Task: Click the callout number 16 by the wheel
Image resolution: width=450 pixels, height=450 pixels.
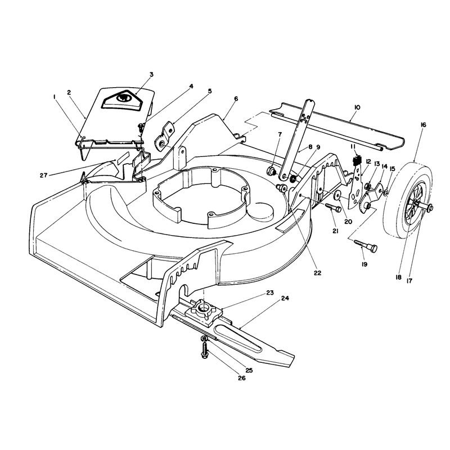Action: (x=424, y=125)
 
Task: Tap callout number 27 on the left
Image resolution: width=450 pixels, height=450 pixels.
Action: (x=43, y=175)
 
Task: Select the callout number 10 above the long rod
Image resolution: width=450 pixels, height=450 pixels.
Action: (x=357, y=107)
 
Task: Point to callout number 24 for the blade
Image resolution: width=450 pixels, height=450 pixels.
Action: (x=285, y=298)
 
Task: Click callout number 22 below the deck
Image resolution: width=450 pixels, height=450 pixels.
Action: (x=317, y=273)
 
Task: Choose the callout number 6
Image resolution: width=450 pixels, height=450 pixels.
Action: (x=236, y=99)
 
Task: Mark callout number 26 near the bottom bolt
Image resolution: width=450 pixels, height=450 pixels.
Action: (x=242, y=378)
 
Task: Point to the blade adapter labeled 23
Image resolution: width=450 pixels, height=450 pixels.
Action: (x=204, y=310)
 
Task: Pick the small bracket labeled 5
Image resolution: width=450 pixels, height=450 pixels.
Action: (x=164, y=135)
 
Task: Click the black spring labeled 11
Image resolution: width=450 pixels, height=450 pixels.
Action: (x=357, y=160)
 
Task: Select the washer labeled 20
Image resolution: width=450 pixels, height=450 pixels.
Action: (x=337, y=196)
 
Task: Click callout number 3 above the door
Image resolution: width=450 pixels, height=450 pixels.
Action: (x=151, y=74)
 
